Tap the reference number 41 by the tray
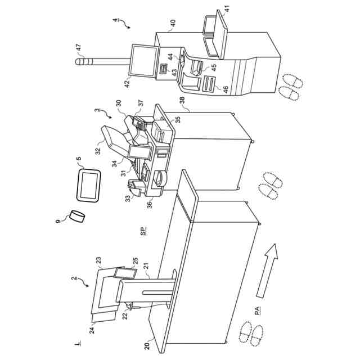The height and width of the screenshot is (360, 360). tap(227, 8)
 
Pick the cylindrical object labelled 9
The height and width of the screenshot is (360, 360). tap(78, 217)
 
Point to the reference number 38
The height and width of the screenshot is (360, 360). tap(182, 101)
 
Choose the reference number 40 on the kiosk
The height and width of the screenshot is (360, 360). tap(173, 23)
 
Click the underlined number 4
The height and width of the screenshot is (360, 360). tap(115, 21)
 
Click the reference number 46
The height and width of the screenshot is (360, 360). tap(226, 89)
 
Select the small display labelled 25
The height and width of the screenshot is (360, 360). tap(125, 273)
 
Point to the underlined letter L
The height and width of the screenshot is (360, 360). tap(75, 343)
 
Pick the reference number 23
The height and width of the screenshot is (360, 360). tap(98, 260)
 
